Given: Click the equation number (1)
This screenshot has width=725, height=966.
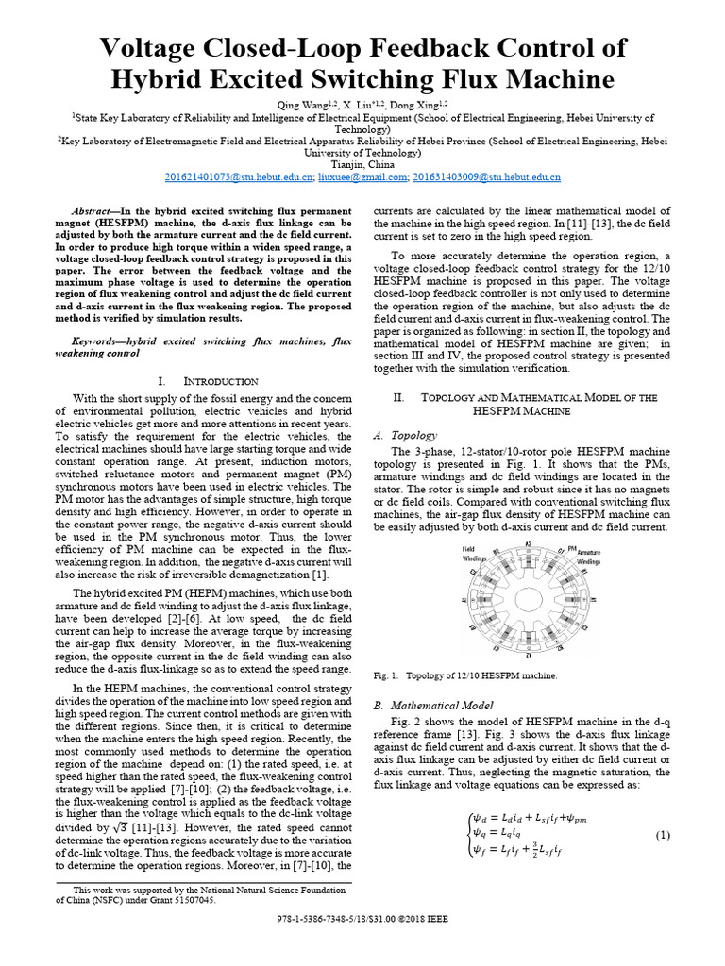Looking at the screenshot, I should coord(663,835).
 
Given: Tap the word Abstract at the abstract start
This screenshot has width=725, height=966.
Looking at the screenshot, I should coord(96,210).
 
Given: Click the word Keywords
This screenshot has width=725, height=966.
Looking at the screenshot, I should coord(99,340).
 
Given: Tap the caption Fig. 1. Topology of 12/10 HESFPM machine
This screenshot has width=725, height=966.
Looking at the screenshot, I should coord(465,675).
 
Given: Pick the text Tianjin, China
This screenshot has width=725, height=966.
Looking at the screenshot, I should coord(362,162).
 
